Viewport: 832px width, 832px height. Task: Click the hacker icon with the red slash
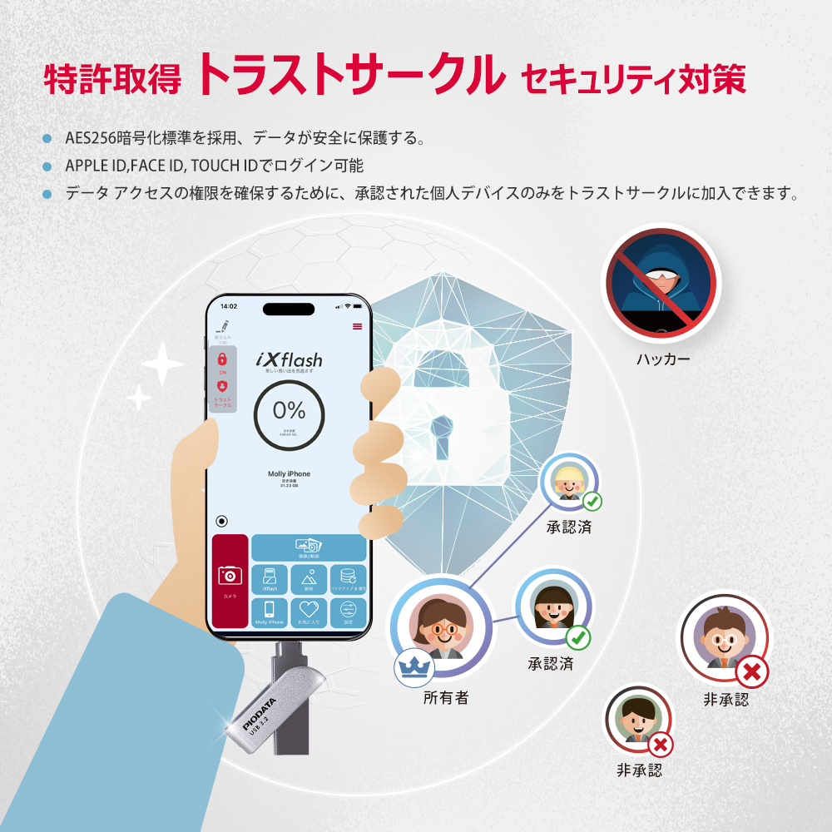[661, 284]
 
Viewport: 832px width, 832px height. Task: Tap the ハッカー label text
[663, 360]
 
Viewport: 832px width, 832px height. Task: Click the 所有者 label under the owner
[446, 698]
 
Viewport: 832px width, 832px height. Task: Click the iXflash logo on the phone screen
[289, 360]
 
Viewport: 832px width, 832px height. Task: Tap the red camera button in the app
[230, 580]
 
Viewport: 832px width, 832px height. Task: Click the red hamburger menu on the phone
[358, 326]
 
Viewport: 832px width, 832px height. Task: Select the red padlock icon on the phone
[222, 359]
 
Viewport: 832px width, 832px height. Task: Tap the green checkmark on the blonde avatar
[592, 502]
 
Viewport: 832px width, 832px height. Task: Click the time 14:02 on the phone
[230, 307]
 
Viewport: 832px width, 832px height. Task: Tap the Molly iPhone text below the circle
[289, 474]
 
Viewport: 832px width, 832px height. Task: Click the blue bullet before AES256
[47, 138]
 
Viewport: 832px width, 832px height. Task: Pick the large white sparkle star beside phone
[162, 363]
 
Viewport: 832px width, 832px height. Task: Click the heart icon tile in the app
[309, 611]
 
